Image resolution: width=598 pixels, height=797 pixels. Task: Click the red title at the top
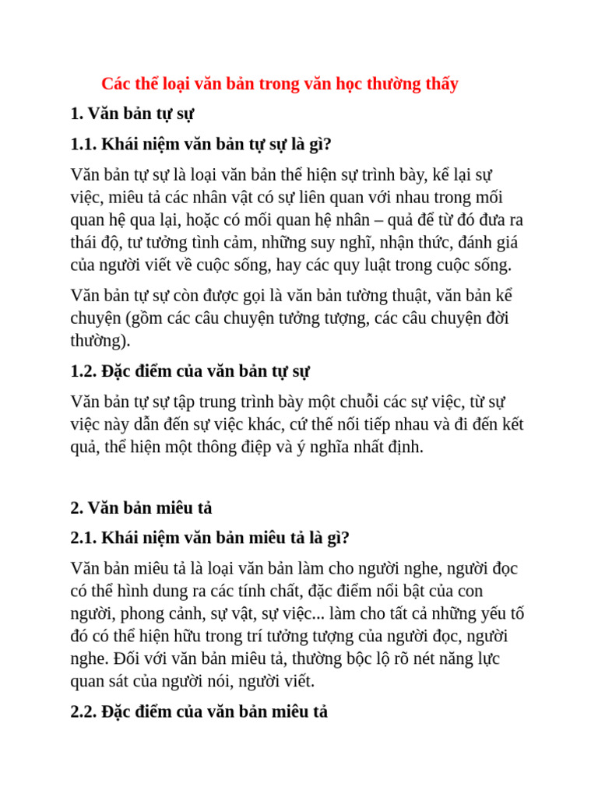coord(280,83)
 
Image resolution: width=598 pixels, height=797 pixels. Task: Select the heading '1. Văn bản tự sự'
coord(132,114)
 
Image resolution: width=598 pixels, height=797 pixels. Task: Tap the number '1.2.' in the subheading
coord(84,371)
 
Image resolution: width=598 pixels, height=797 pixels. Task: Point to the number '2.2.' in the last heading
coord(84,711)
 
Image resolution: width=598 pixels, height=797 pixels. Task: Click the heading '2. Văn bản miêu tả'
coord(141,507)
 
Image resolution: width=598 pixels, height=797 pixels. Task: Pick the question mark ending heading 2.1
coord(346,538)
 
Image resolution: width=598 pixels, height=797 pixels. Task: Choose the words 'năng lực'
coord(465,658)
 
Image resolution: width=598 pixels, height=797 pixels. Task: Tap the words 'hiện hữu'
coord(176,636)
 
